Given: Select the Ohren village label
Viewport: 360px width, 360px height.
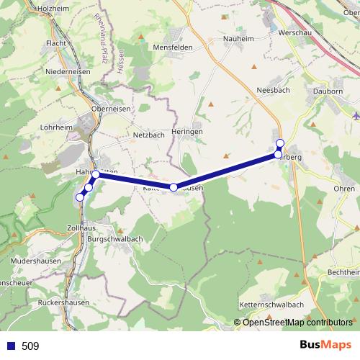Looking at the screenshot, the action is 344,189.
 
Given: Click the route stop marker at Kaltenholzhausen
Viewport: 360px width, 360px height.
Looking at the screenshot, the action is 174,187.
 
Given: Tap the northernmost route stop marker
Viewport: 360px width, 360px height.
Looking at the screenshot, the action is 279,142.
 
